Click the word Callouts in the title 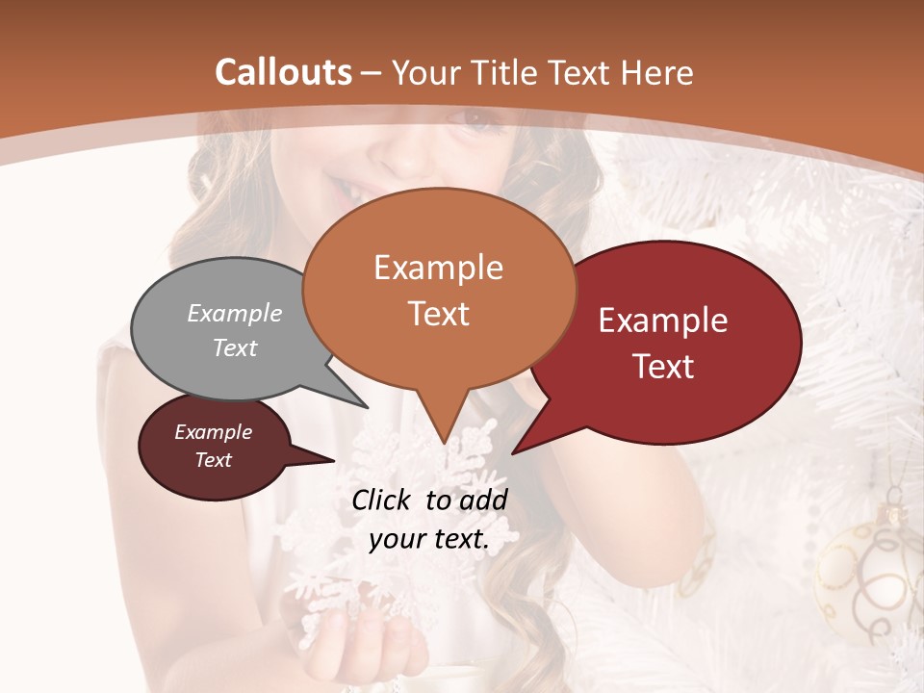(x=283, y=72)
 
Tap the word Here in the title (x=657, y=72)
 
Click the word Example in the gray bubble (x=235, y=313)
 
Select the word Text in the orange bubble (x=439, y=314)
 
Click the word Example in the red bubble (x=663, y=321)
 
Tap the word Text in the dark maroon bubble (x=213, y=460)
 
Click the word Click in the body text (x=382, y=500)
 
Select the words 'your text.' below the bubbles (x=428, y=539)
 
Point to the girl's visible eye (x=478, y=119)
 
